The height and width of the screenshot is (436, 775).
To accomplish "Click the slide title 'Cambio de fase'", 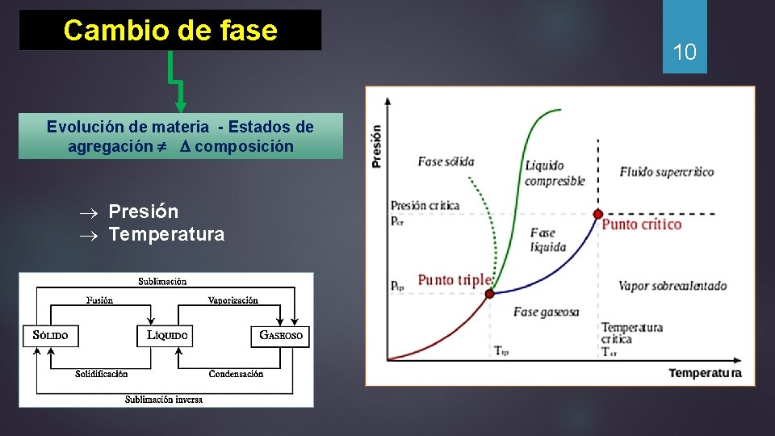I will coord(170,31).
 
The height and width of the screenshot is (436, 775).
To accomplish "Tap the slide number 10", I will coord(685,53).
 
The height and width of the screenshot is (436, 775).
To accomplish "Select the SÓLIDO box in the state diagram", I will coord(51,335).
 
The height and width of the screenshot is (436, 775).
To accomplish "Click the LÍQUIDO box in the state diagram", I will coord(166,335).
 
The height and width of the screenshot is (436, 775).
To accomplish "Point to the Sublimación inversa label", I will coord(164,399).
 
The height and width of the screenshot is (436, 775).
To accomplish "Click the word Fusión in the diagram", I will coord(99,300).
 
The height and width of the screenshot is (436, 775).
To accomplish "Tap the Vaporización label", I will coord(233,300).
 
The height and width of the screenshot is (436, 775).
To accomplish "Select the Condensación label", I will coord(236,373).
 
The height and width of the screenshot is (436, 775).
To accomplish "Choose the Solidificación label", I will coord(102,373).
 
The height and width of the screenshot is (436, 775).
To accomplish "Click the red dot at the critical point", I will coord(597,214).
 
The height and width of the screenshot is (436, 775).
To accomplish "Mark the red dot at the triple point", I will coord(488,294).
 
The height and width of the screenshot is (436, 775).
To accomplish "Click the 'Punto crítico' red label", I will coord(642,224).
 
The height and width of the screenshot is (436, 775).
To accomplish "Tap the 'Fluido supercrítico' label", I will coord(667,172).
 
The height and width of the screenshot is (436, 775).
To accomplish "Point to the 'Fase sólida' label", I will coord(446,161).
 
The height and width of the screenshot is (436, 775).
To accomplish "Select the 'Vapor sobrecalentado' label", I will coord(672,286).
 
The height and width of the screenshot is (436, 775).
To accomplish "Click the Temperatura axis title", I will coord(705,373).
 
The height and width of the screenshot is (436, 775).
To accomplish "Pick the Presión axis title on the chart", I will coord(376,145).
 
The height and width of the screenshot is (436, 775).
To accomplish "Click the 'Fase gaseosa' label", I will coord(547,312).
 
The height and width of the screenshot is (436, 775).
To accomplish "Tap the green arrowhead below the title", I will coord(181,107).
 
